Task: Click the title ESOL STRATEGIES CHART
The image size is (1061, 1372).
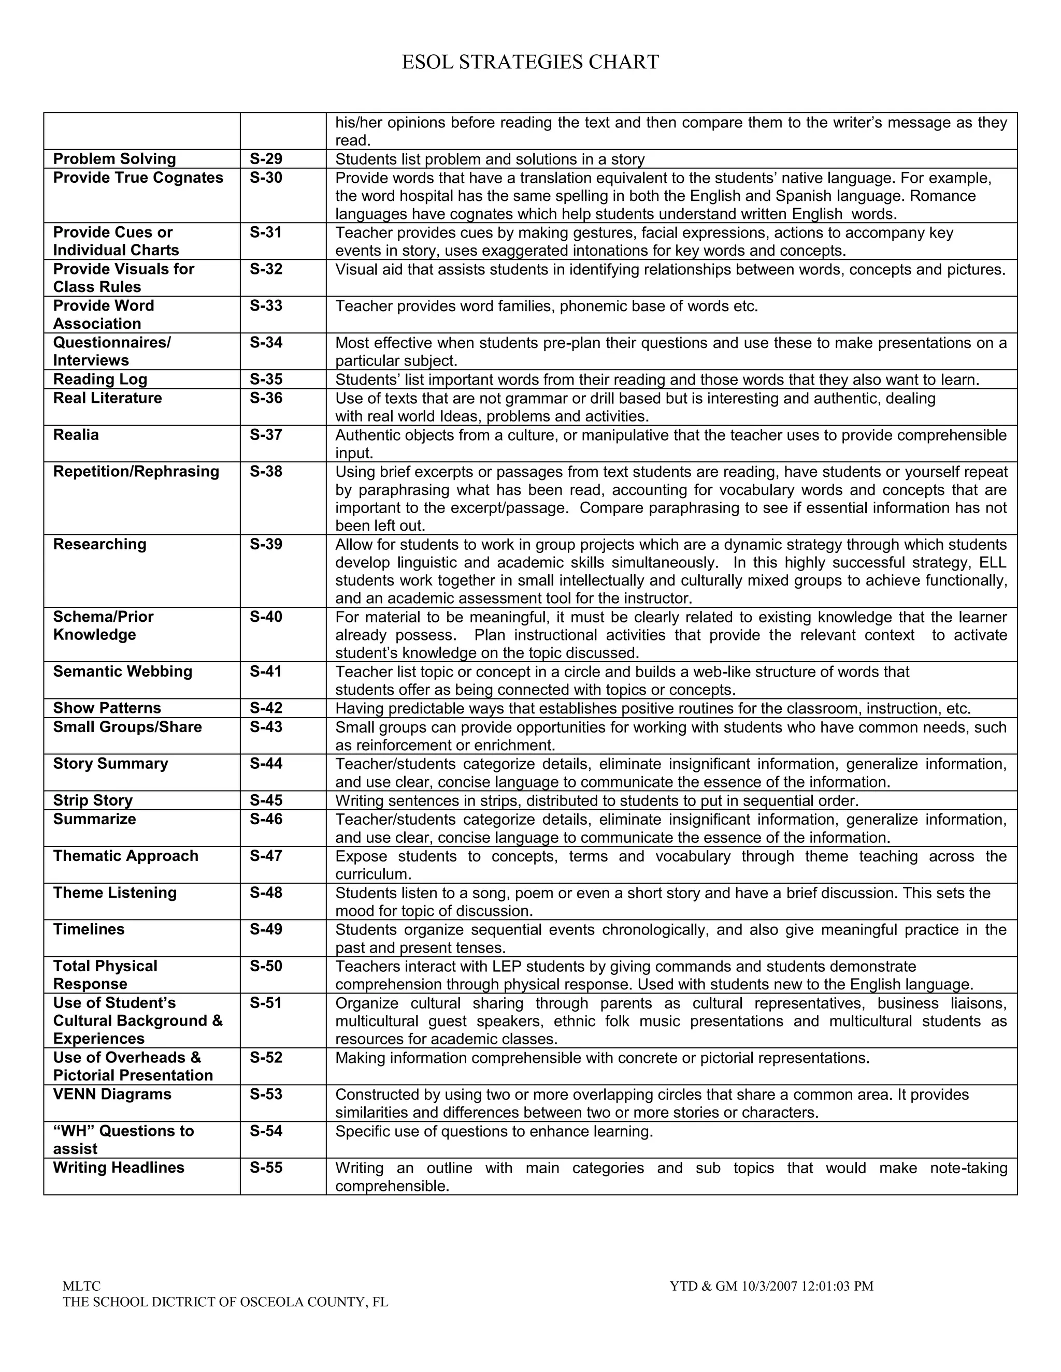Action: [530, 62]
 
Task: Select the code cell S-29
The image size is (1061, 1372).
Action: [266, 159]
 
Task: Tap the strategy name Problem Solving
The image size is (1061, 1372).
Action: [114, 159]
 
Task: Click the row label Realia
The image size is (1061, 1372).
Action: [76, 435]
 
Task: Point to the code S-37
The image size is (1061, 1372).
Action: [266, 435]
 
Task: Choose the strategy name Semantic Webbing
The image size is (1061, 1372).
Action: [123, 671]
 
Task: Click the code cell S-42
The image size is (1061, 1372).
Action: [266, 708]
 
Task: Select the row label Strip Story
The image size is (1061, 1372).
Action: [93, 800]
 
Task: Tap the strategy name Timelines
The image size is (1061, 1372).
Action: [89, 929]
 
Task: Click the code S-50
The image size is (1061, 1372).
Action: [266, 966]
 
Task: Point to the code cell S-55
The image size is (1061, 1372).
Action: [266, 1167]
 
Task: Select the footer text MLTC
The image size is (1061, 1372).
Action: [82, 1286]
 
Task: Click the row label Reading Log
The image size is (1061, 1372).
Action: [100, 379]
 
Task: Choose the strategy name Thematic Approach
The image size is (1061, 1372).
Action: [126, 856]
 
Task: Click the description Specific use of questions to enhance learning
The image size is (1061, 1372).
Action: [494, 1131]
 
